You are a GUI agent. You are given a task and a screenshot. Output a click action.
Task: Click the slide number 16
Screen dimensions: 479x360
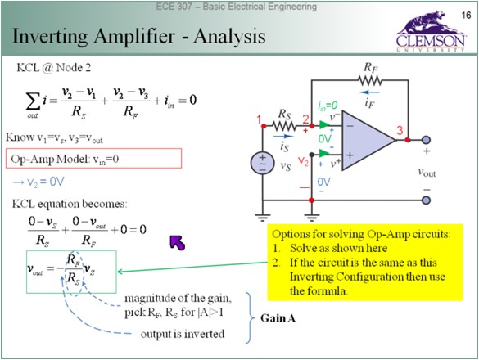pos(466,15)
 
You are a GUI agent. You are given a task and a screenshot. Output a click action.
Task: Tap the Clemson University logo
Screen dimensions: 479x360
pos(431,31)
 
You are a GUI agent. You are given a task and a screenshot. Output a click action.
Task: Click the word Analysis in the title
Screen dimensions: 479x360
pos(229,37)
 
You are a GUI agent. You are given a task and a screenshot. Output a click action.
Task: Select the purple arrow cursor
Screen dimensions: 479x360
pos(178,243)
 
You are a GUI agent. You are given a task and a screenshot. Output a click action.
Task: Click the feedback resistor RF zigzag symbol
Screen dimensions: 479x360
pos(369,81)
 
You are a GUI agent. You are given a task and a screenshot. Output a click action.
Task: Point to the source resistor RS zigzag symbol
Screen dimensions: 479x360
pos(284,125)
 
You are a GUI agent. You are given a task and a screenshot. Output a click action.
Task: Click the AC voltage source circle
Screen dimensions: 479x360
pos(262,163)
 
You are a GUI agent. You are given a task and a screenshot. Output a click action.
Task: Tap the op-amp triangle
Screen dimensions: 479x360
pos(368,140)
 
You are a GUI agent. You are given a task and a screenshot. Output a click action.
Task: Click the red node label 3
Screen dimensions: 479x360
pos(400,131)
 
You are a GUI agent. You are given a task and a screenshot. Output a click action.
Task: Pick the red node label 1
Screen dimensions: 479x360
pos(260,119)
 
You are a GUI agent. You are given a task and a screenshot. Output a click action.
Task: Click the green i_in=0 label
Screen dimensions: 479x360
pos(328,106)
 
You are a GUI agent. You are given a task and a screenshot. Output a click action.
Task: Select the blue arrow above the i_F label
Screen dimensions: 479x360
pos(369,92)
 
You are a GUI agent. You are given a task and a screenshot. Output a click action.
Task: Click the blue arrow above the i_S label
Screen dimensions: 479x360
pos(283,137)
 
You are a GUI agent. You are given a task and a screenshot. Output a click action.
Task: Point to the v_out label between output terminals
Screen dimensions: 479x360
pos(427,172)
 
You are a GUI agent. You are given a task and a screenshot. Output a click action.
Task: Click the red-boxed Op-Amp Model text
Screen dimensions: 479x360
pos(65,159)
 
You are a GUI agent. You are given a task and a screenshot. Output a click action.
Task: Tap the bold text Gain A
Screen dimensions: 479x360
pos(278,318)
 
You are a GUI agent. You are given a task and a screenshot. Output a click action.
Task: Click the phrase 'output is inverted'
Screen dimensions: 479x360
pos(183,334)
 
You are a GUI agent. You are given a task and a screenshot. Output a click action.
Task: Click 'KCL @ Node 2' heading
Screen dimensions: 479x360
pos(54,68)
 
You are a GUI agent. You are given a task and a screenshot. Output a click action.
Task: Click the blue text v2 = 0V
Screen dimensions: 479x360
pos(38,182)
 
